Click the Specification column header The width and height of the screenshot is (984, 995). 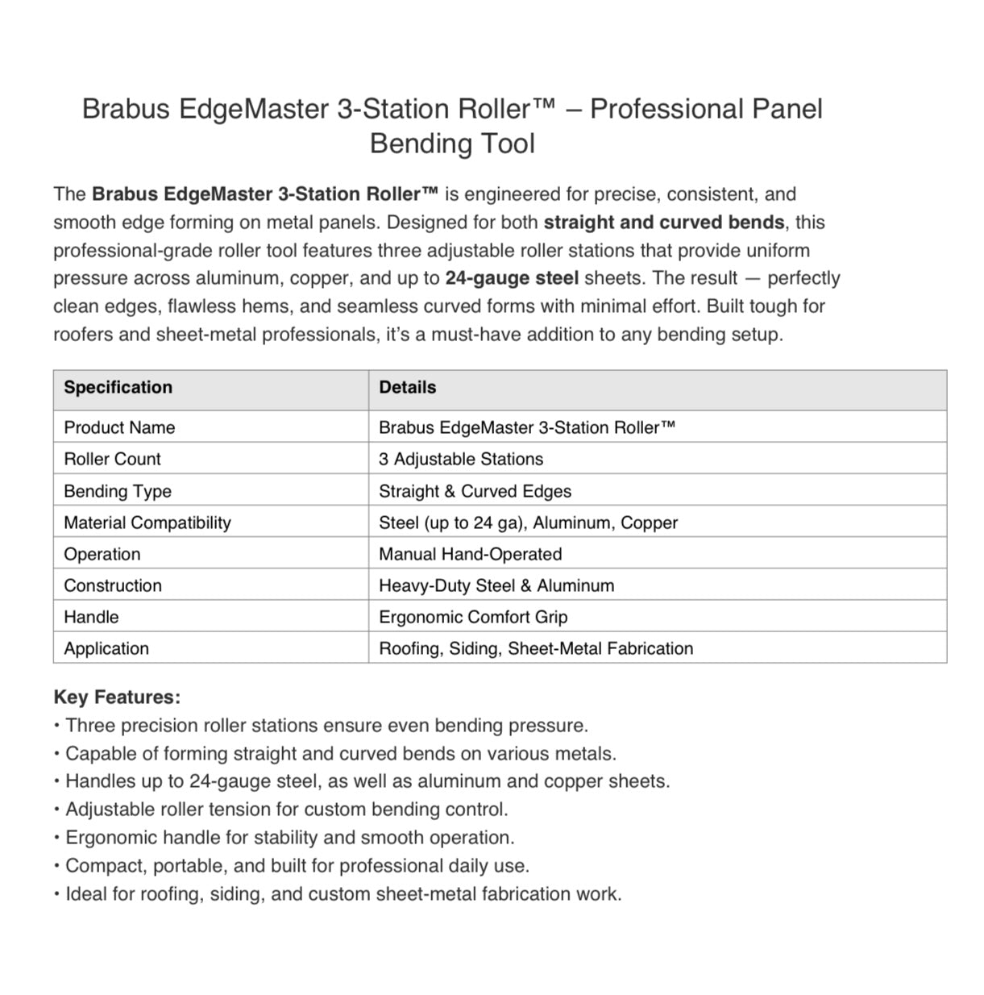pyautogui.click(x=118, y=387)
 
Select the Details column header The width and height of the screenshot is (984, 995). pyautogui.click(x=407, y=387)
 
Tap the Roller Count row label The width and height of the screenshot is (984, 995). pyautogui.click(x=112, y=459)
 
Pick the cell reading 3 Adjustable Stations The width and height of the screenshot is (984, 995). pyautogui.click(x=461, y=459)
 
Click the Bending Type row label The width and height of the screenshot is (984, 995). pyautogui.click(x=118, y=491)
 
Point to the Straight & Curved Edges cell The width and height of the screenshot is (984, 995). pyautogui.click(x=475, y=491)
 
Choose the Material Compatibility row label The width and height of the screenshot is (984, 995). pyautogui.click(x=147, y=522)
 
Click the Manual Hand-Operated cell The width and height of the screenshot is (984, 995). pyautogui.click(x=470, y=554)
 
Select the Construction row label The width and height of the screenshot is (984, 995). pyautogui.click(x=113, y=585)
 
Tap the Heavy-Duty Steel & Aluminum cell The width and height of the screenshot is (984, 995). pyautogui.click(x=496, y=585)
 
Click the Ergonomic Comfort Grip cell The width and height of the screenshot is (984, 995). pyautogui.click(x=473, y=617)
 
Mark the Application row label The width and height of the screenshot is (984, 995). pyautogui.click(x=106, y=648)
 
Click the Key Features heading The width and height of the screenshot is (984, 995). pyautogui.click(x=117, y=697)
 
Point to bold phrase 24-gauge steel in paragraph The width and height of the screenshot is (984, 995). pyautogui.click(x=512, y=278)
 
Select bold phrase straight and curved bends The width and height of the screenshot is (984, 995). pyautogui.click(x=664, y=223)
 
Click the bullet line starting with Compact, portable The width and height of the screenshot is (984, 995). pyautogui.click(x=297, y=866)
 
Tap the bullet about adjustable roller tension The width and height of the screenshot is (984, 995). pyautogui.click(x=286, y=810)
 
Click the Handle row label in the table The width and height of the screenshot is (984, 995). pyautogui.click(x=91, y=617)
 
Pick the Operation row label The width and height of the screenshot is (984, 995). pyautogui.click(x=102, y=554)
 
